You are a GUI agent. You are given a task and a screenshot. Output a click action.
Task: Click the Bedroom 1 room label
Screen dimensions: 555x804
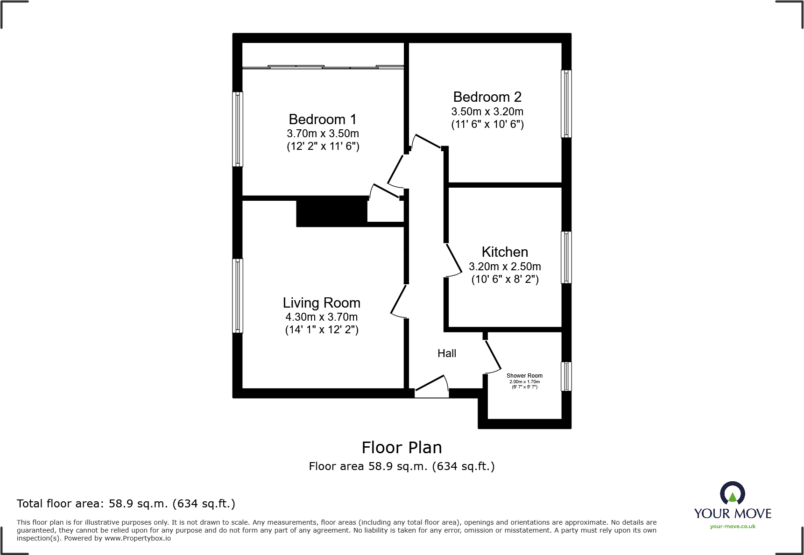point(322,119)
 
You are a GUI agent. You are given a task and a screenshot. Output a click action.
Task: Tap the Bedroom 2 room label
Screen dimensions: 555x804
point(487,97)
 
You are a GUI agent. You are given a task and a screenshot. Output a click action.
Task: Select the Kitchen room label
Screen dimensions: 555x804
point(505,252)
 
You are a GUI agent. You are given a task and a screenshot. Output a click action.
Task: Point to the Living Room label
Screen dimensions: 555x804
point(321,303)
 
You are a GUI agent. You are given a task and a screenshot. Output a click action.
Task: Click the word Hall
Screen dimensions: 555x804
point(446,353)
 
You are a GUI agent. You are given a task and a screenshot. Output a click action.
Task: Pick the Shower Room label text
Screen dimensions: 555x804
point(524,376)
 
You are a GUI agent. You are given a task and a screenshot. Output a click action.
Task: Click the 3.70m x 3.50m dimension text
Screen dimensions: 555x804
point(323,134)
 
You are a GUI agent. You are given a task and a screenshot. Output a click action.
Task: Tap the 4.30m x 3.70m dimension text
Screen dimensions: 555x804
point(321,317)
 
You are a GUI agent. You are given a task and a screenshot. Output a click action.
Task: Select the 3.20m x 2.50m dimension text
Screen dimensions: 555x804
point(505,267)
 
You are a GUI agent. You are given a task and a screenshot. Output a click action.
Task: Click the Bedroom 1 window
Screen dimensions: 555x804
point(238,129)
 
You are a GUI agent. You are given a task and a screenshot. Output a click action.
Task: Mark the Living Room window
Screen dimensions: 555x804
point(238,295)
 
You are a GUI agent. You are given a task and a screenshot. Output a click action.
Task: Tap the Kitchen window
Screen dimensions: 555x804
point(566,257)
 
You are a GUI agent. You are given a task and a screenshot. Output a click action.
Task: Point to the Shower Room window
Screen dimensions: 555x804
point(566,376)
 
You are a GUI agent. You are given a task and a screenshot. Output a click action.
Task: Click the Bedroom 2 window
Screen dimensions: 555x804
point(566,104)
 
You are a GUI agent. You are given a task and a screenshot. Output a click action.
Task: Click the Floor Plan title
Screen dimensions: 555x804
point(402,448)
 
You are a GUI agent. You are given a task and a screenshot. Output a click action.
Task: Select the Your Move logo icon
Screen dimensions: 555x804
point(732,493)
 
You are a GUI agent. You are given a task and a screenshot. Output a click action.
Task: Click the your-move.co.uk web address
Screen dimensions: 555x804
point(732,527)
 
